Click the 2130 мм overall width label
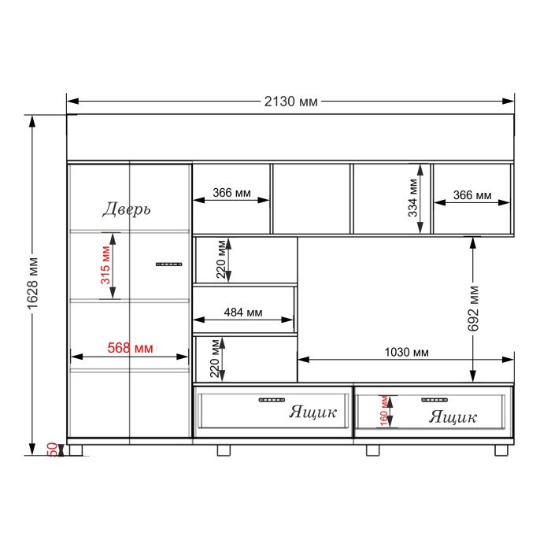pyautogui.click(x=290, y=102)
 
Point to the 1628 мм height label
pyautogui.click(x=33, y=283)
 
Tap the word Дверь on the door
pyautogui.click(x=127, y=209)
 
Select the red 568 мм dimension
pyautogui.click(x=130, y=348)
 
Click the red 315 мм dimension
pyautogui.click(x=105, y=265)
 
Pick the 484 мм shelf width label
pyautogui.click(x=242, y=312)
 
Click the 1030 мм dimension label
pyautogui.click(x=406, y=352)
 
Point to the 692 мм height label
pyautogui.click(x=473, y=309)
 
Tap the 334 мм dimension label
pyautogui.click(x=413, y=198)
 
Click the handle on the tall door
pyautogui.click(x=169, y=264)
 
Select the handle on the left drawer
pyautogui.click(x=272, y=400)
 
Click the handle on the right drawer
pyautogui.click(x=435, y=400)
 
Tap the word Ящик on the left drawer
pyautogui.click(x=312, y=412)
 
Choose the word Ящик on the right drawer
pyautogui.click(x=453, y=416)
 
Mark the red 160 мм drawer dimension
pyautogui.click(x=384, y=411)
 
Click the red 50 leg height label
pyautogui.click(x=52, y=449)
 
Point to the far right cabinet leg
pyautogui.click(x=501, y=450)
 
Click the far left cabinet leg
pyautogui.click(x=76, y=450)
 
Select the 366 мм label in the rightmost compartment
pyautogui.click(x=472, y=195)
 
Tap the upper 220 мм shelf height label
pyautogui.click(x=221, y=259)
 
